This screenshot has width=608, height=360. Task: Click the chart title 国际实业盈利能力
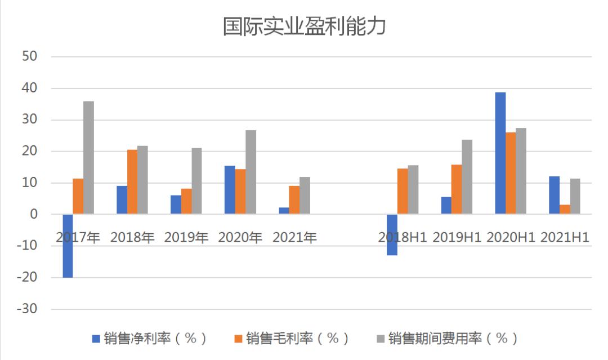pyautogui.click(x=304, y=26)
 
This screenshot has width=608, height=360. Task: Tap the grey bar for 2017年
pyautogui.click(x=88, y=158)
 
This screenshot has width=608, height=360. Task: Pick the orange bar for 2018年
pyautogui.click(x=132, y=182)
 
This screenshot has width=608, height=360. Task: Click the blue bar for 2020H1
pyautogui.click(x=500, y=153)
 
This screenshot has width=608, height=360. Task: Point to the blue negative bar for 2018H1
pyautogui.click(x=392, y=234)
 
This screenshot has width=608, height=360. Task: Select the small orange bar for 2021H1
pyautogui.click(x=565, y=210)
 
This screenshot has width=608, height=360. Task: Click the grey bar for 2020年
pyautogui.click(x=251, y=172)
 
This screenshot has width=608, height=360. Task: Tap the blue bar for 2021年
pyautogui.click(x=283, y=211)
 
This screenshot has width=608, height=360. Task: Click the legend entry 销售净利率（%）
pyautogui.click(x=150, y=338)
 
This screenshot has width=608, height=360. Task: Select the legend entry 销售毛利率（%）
pyautogui.click(x=292, y=338)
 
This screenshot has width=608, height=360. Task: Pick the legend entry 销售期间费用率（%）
pyautogui.click(x=447, y=338)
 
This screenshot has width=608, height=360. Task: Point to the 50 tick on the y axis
pyautogui.click(x=29, y=56)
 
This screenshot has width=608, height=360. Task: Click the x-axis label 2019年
pyautogui.click(x=186, y=237)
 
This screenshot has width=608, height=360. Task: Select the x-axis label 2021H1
pyautogui.click(x=565, y=237)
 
